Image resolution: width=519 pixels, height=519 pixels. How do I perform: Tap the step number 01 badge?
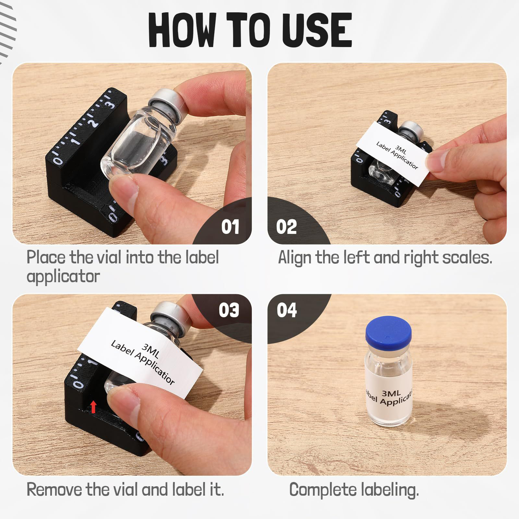(230, 227)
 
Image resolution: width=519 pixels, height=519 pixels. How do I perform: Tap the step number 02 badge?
(286, 227)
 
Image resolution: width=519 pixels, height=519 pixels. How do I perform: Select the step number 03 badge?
(229, 310)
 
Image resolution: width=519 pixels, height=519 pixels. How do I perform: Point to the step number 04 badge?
(287, 310)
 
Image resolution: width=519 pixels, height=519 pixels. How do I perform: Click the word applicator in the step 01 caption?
(63, 276)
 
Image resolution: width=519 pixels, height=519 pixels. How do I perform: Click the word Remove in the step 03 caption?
(54, 489)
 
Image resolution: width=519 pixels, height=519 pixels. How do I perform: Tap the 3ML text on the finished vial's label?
(391, 393)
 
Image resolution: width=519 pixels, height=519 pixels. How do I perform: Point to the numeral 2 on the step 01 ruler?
(93, 123)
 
